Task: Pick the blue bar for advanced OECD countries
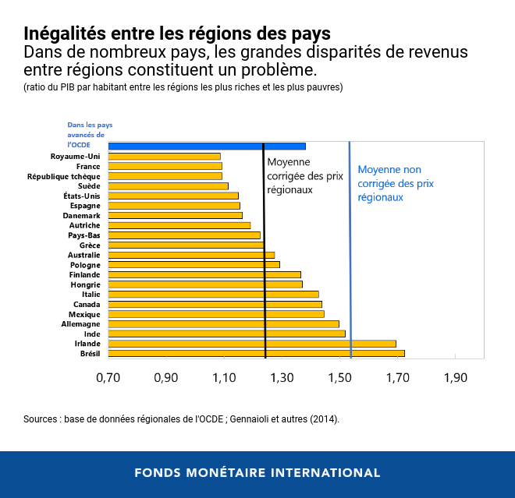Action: coord(206,146)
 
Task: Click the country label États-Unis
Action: coord(81,196)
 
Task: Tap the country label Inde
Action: coord(92,334)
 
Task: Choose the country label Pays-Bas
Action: coord(84,235)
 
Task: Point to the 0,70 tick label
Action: coord(108,378)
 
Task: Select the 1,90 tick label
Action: coord(455,378)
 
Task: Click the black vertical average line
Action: coord(265,257)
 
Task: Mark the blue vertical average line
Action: coord(350,257)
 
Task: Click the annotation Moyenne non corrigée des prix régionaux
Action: coord(396,183)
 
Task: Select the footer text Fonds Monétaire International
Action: coord(257,473)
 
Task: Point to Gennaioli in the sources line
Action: coord(256,419)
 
